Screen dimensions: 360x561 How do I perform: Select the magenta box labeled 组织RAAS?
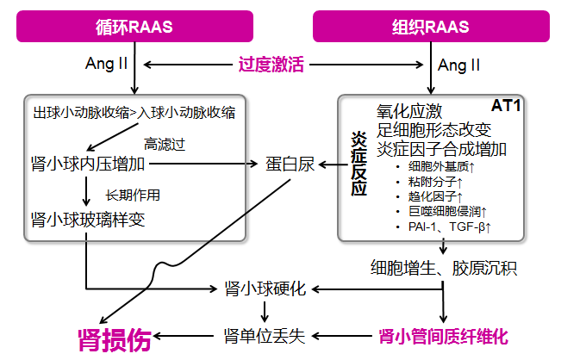tap(431, 26)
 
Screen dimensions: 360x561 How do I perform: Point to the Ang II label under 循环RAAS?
tap(107, 64)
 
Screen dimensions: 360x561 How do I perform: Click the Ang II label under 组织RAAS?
tap(460, 65)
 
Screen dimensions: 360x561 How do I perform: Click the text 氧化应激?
tap(409, 111)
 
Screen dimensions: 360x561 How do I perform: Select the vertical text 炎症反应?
tap(358, 164)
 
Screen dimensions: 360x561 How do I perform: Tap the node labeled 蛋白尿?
tap(290, 164)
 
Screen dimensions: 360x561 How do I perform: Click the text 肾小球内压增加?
tap(87, 164)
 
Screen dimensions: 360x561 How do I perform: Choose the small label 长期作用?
tap(133, 194)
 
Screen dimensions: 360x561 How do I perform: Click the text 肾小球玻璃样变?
tap(87, 220)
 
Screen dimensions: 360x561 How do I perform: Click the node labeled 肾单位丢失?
tap(265, 334)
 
